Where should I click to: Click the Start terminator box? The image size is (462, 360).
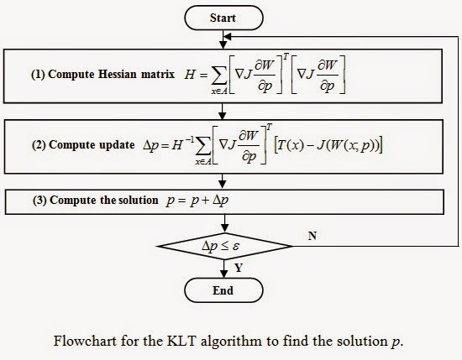tap(223, 16)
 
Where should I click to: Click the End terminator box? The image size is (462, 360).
tap(223, 290)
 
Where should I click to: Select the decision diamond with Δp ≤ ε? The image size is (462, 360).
tap(223, 246)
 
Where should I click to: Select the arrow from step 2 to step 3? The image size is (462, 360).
tap(223, 180)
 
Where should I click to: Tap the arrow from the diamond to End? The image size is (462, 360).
tap(223, 269)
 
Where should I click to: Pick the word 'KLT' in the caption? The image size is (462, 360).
tap(191, 342)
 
